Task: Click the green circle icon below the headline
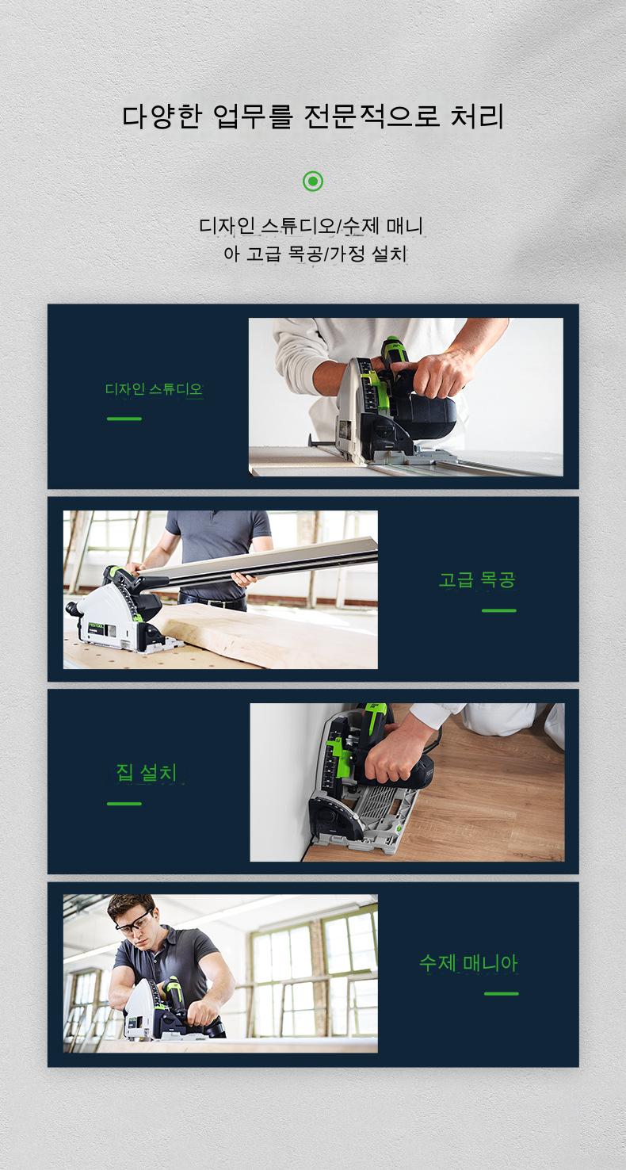pyautogui.click(x=313, y=182)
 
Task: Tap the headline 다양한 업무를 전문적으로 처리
pyautogui.click(x=313, y=117)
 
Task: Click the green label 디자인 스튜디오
pyautogui.click(x=154, y=389)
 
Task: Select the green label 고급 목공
pyautogui.click(x=477, y=579)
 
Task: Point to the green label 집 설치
pyautogui.click(x=147, y=773)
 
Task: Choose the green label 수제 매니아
pyautogui.click(x=468, y=963)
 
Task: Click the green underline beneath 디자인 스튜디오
pyautogui.click(x=124, y=419)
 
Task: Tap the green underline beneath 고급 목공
pyautogui.click(x=499, y=610)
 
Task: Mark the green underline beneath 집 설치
pyautogui.click(x=124, y=803)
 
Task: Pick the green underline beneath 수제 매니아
pyautogui.click(x=502, y=993)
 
